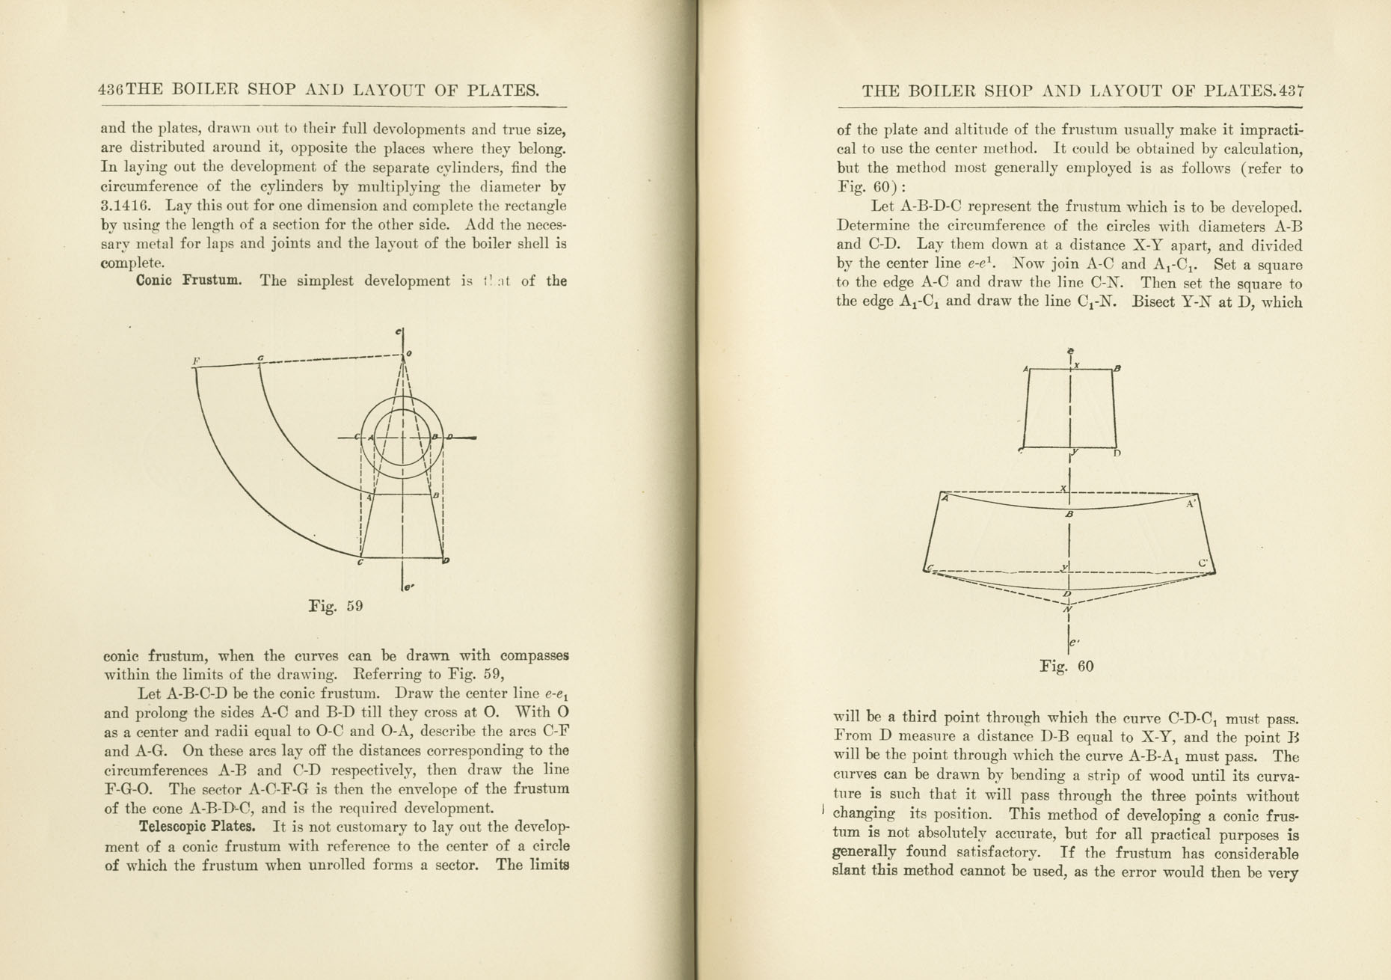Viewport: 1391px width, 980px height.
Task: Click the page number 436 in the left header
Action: pos(111,91)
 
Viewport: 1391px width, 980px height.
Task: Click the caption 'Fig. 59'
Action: pos(336,605)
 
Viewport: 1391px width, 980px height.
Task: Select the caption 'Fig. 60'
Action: pos(1066,666)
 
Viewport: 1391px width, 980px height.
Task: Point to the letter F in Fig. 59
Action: pos(196,361)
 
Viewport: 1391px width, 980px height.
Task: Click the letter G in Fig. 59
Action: pos(260,358)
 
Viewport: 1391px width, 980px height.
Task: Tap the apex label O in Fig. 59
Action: pos(409,354)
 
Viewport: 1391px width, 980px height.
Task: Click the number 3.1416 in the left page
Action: pos(126,206)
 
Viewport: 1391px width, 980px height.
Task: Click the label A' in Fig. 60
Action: pos(1191,504)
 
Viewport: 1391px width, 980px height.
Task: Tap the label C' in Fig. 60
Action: pos(1203,563)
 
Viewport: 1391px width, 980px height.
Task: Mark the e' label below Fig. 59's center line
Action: pos(408,587)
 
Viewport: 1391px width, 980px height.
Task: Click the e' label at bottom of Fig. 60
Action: pos(1075,643)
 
